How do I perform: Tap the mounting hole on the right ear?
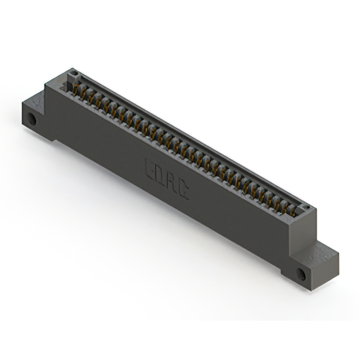[301, 274]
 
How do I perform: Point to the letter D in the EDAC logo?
[161, 175]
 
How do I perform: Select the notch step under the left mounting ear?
[55, 138]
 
